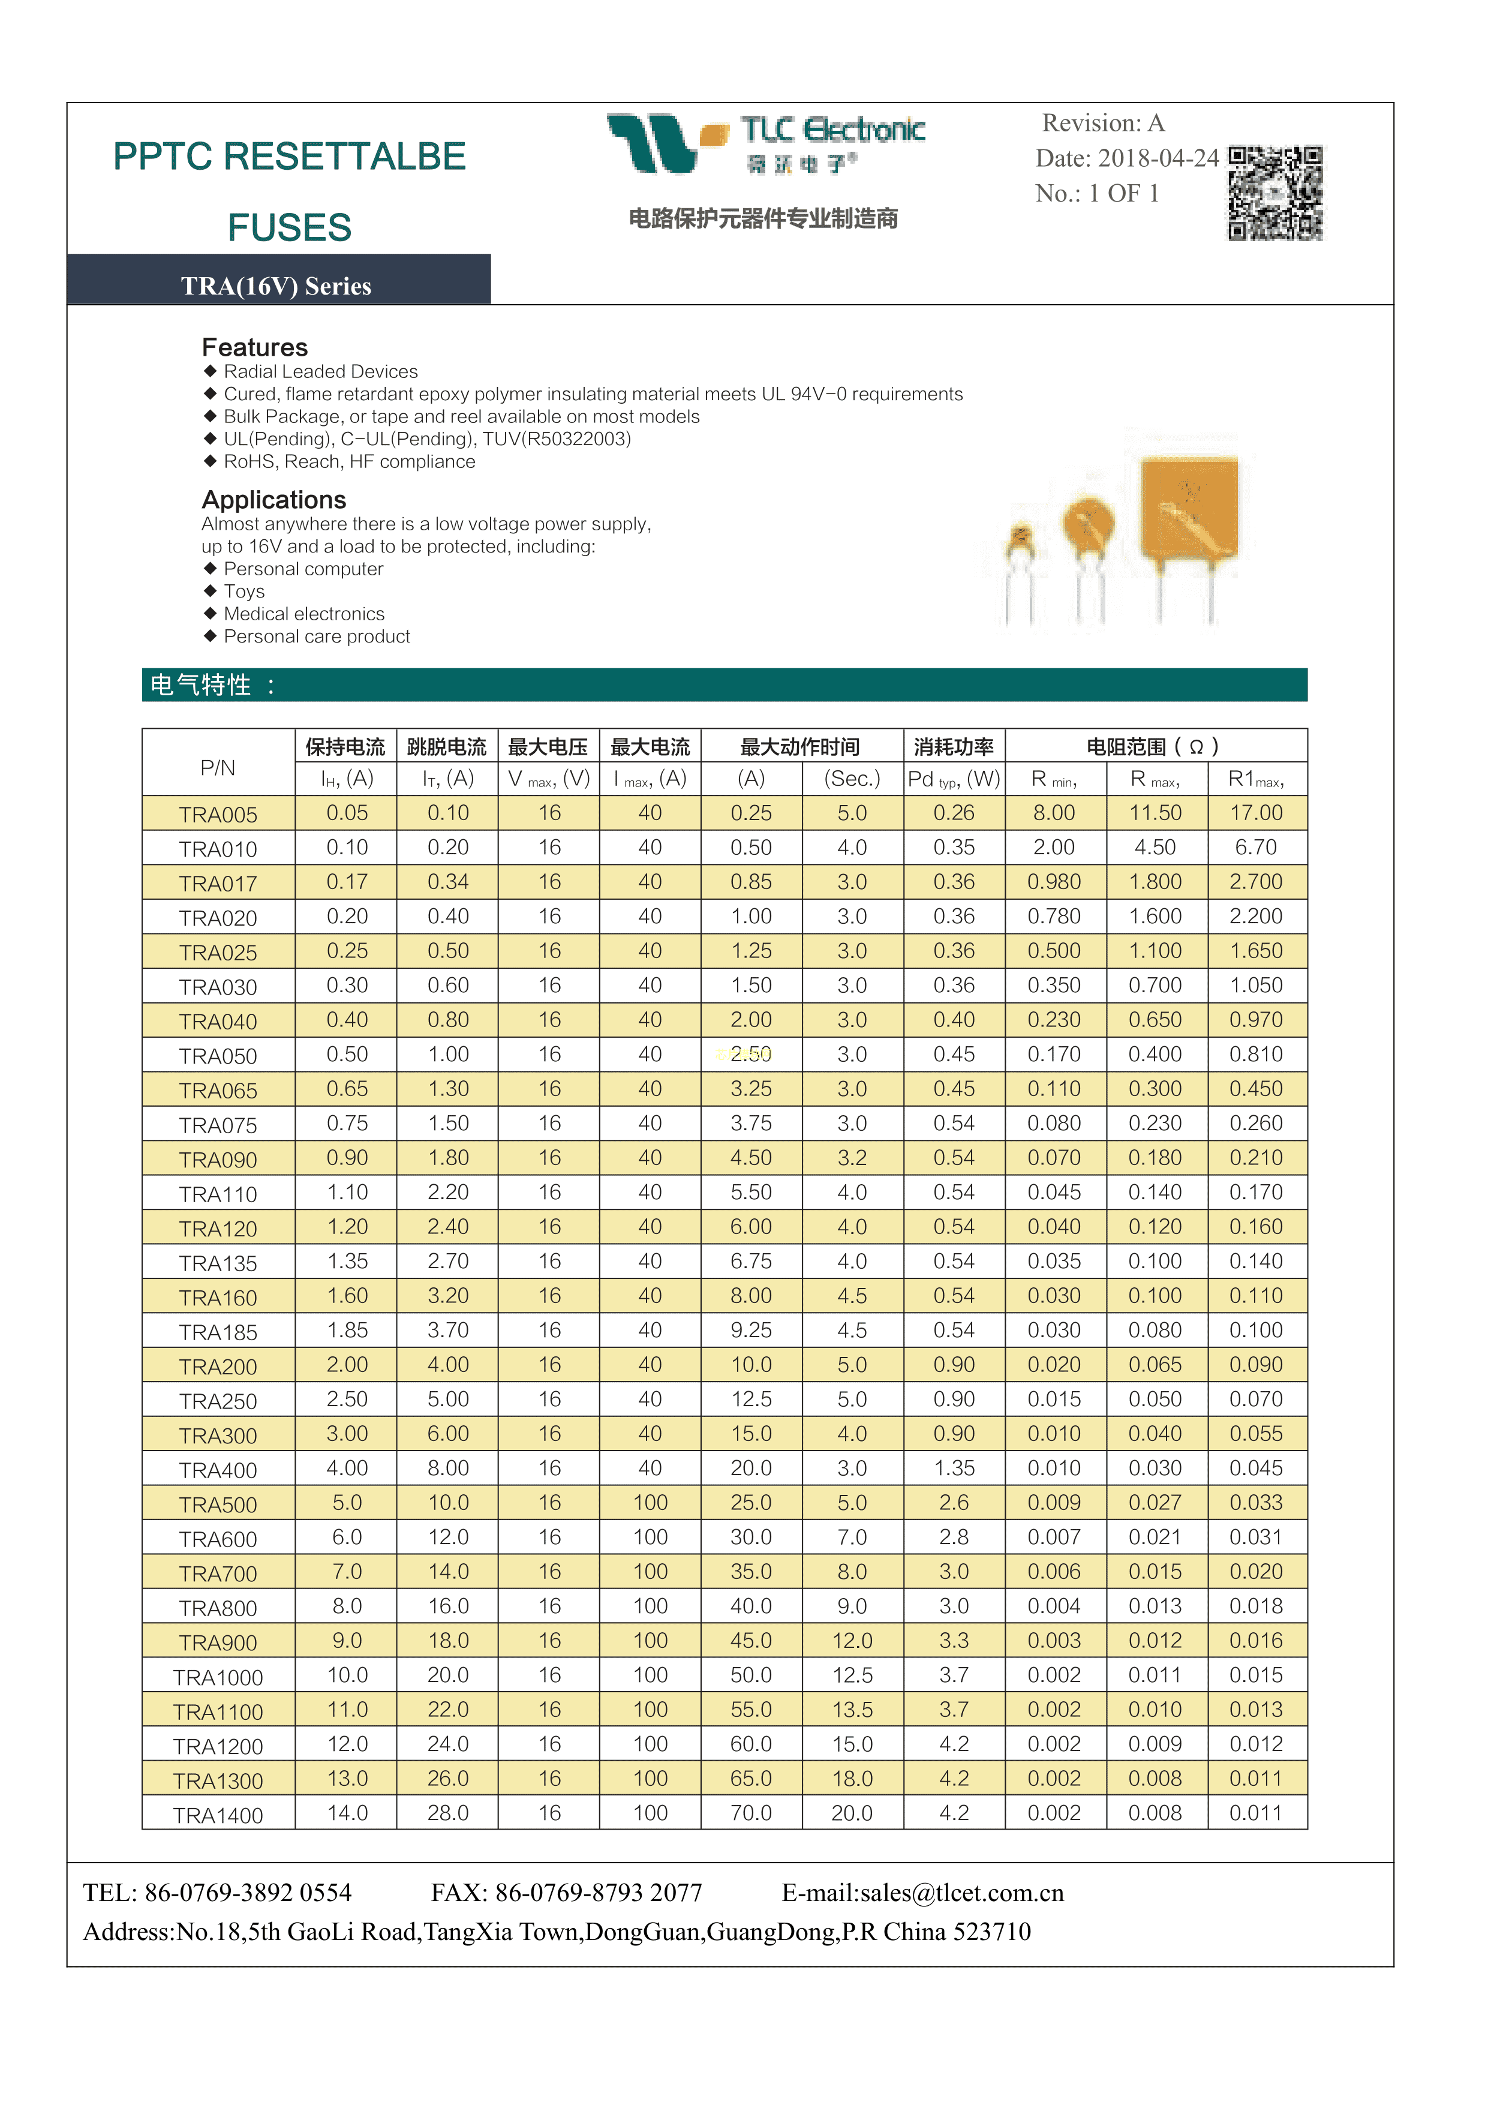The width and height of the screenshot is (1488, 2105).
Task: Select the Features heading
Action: click(255, 347)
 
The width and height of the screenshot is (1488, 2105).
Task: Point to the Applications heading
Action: click(274, 500)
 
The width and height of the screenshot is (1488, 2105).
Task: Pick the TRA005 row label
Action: click(218, 814)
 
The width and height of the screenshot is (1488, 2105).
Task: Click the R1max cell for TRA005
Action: click(1256, 812)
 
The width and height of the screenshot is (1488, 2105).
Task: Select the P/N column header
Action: click(218, 767)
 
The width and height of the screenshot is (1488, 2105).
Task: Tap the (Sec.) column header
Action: click(852, 779)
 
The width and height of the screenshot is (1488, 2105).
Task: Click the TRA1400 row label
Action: click(218, 1815)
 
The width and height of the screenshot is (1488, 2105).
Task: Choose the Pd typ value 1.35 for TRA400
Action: click(954, 1468)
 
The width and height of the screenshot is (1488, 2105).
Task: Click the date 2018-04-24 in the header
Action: click(1159, 158)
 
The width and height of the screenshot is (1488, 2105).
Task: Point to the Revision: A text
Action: click(1103, 123)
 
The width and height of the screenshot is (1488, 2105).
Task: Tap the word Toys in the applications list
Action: click(244, 591)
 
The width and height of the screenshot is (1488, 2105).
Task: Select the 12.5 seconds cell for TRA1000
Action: click(852, 1675)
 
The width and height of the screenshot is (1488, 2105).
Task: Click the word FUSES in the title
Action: click(290, 227)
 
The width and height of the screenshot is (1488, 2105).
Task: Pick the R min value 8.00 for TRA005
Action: click(1054, 812)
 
